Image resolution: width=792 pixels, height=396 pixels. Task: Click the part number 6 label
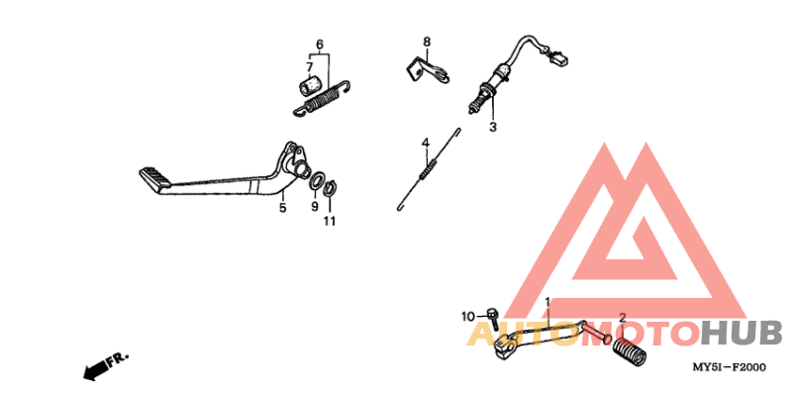click(319, 45)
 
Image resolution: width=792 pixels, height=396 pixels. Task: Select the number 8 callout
click(427, 42)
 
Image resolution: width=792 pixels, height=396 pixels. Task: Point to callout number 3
click(492, 127)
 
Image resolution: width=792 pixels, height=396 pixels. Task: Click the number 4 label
click(426, 144)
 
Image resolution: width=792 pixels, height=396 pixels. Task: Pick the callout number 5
click(282, 208)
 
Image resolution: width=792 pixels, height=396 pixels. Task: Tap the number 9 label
click(315, 208)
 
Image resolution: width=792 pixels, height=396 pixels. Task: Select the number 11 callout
click(330, 221)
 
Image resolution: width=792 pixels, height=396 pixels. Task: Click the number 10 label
click(468, 317)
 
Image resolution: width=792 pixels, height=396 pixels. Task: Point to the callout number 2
click(622, 318)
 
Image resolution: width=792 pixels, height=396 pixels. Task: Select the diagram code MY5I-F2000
click(729, 367)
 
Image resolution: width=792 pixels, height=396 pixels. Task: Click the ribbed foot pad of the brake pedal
click(156, 178)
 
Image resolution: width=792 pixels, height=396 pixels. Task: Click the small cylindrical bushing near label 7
click(308, 81)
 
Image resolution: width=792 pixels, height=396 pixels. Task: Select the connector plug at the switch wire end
click(561, 58)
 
